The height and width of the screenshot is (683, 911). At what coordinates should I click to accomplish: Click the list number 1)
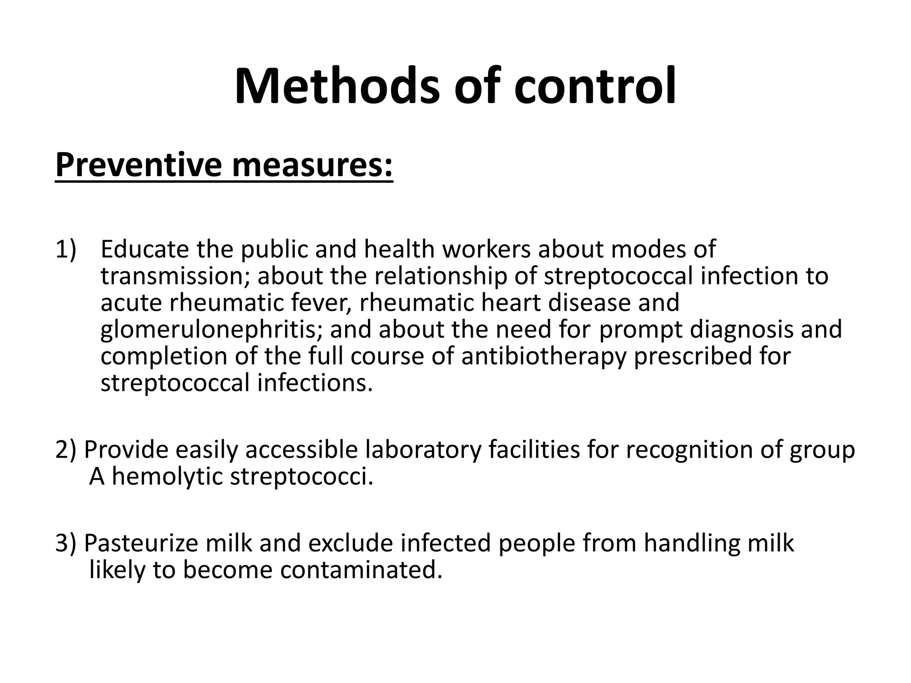(x=66, y=249)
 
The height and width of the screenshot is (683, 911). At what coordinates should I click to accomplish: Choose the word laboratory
(x=423, y=450)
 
